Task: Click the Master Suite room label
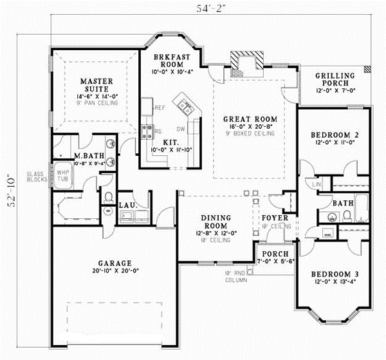click(97, 86)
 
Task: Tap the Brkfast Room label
click(170, 62)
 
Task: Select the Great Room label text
click(250, 119)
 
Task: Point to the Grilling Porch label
click(332, 79)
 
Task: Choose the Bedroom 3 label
click(334, 273)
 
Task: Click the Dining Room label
click(211, 222)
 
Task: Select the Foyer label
click(273, 218)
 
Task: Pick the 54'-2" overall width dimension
click(211, 8)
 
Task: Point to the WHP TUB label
click(63, 176)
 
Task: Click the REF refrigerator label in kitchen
click(159, 108)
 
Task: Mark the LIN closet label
click(316, 185)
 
